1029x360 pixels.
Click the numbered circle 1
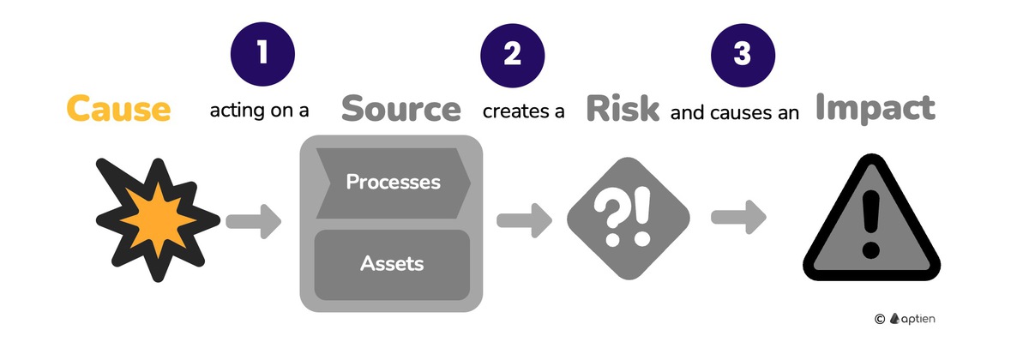pyautogui.click(x=262, y=54)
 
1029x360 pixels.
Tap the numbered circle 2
pyautogui.click(x=512, y=54)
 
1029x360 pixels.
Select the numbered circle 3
pyautogui.click(x=743, y=54)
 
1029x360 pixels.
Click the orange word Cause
pyautogui.click(x=118, y=110)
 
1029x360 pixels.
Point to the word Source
pyautogui.click(x=400, y=110)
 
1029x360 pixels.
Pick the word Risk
pyautogui.click(x=623, y=110)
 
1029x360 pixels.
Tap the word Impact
pyautogui.click(x=875, y=109)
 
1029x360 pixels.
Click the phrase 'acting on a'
pyautogui.click(x=259, y=111)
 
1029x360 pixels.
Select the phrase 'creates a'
pyautogui.click(x=523, y=111)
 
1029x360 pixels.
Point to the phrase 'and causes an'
pyautogui.click(x=735, y=111)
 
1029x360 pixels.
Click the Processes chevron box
pyautogui.click(x=393, y=183)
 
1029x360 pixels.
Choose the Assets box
pyautogui.click(x=392, y=263)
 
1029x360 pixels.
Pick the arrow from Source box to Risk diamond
pyautogui.click(x=524, y=221)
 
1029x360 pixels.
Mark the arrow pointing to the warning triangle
pyautogui.click(x=739, y=219)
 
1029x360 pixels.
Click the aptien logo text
pyautogui.click(x=918, y=318)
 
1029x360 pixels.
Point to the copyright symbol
pyautogui.click(x=879, y=319)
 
